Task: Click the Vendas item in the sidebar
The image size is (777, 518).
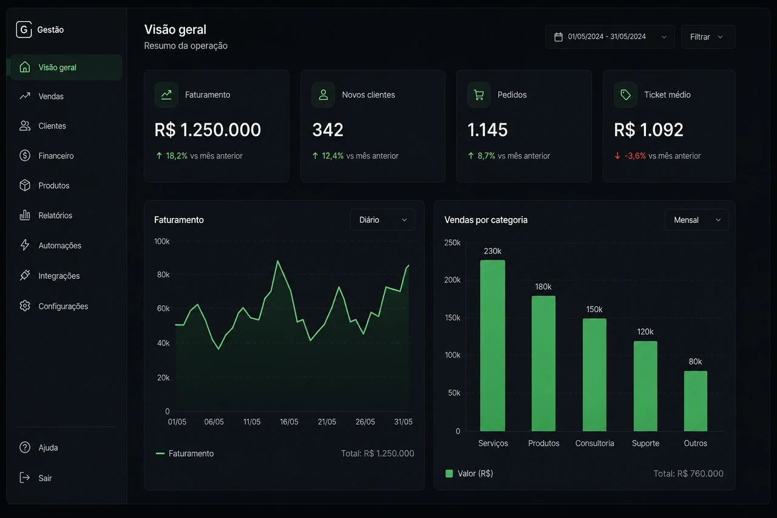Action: tap(42, 96)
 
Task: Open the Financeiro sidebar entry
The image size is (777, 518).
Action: tap(47, 156)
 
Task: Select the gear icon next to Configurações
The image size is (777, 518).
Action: tap(25, 305)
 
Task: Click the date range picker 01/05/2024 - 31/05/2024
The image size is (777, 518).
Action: tap(610, 37)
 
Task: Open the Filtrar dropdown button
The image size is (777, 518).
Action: tap(708, 37)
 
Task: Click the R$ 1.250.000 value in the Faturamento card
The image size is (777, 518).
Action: tap(208, 130)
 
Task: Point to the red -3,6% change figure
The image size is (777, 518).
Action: tap(635, 156)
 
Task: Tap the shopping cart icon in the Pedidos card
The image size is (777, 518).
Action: tap(479, 95)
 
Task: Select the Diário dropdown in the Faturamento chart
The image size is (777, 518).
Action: tap(382, 220)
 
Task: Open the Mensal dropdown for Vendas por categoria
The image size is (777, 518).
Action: tap(696, 220)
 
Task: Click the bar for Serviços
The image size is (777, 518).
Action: tap(492, 346)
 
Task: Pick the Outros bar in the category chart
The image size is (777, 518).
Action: tap(696, 401)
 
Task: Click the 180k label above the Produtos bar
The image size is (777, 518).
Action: tap(543, 287)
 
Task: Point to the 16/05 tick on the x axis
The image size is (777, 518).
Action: tap(289, 421)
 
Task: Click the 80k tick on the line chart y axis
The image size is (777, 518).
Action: tap(163, 274)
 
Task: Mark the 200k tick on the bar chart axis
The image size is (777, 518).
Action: tap(452, 279)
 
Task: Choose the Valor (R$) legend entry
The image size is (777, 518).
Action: tap(469, 474)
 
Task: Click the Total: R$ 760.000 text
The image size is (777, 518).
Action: tap(688, 474)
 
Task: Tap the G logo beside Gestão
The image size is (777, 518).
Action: tap(24, 30)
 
